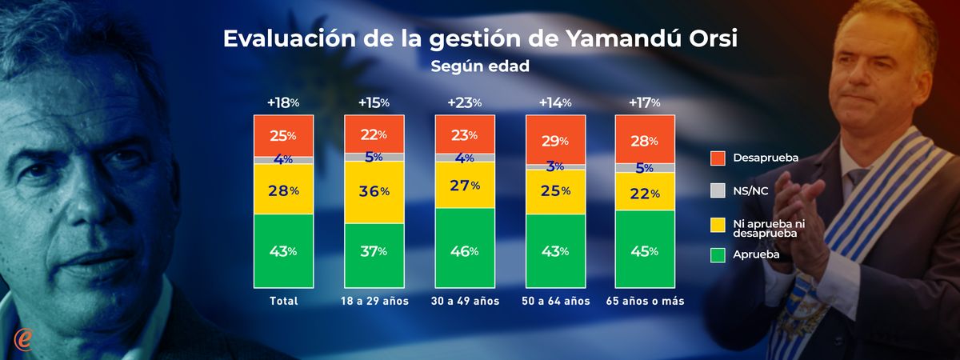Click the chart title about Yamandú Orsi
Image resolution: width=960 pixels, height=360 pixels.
pos(480,39)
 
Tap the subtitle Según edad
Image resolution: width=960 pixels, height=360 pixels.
pos(480,66)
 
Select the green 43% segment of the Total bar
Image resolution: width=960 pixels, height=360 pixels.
pos(283,250)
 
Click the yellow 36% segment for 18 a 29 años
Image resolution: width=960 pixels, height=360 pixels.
pos(374,192)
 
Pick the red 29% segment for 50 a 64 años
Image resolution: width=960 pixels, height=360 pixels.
pos(554,140)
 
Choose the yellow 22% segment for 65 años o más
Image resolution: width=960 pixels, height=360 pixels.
pos(645,192)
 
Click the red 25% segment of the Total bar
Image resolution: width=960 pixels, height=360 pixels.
pos(283,134)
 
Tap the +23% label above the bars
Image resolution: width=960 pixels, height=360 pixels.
pos(464,102)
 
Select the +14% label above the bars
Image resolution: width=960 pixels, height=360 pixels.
pos(554,102)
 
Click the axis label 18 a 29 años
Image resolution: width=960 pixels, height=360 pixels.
pos(374,302)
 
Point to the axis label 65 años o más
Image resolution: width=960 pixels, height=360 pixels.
pos(645,302)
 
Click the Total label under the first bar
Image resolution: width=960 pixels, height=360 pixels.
pos(283,302)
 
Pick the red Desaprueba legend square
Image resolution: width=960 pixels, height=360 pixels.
pos(717,158)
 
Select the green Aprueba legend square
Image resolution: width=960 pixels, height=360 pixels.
pos(717,255)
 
